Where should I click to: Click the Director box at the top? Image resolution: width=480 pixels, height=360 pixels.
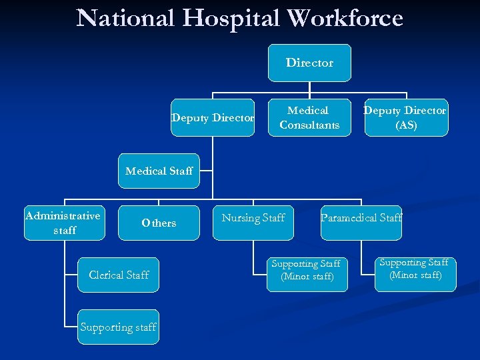click(x=309, y=63)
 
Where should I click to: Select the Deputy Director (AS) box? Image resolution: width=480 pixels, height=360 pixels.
click(x=405, y=117)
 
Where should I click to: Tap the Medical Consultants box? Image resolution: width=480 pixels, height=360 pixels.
click(x=309, y=117)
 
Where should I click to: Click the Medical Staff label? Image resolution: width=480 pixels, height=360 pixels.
click(x=159, y=171)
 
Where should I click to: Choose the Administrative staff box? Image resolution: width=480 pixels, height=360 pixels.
click(x=64, y=223)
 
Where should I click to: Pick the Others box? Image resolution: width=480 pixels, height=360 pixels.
click(x=159, y=223)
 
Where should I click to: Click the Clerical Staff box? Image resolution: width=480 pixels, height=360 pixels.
click(x=119, y=275)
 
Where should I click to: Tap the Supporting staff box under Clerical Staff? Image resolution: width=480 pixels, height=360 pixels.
click(x=118, y=327)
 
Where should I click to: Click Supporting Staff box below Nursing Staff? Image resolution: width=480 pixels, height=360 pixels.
click(x=307, y=270)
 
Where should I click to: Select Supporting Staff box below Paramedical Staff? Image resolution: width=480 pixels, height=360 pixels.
click(x=416, y=269)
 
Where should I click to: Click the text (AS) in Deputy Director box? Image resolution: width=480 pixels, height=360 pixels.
click(x=405, y=125)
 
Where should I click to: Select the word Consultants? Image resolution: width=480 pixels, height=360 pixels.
click(x=309, y=125)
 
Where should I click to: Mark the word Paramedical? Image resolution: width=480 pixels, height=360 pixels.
click(x=348, y=218)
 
